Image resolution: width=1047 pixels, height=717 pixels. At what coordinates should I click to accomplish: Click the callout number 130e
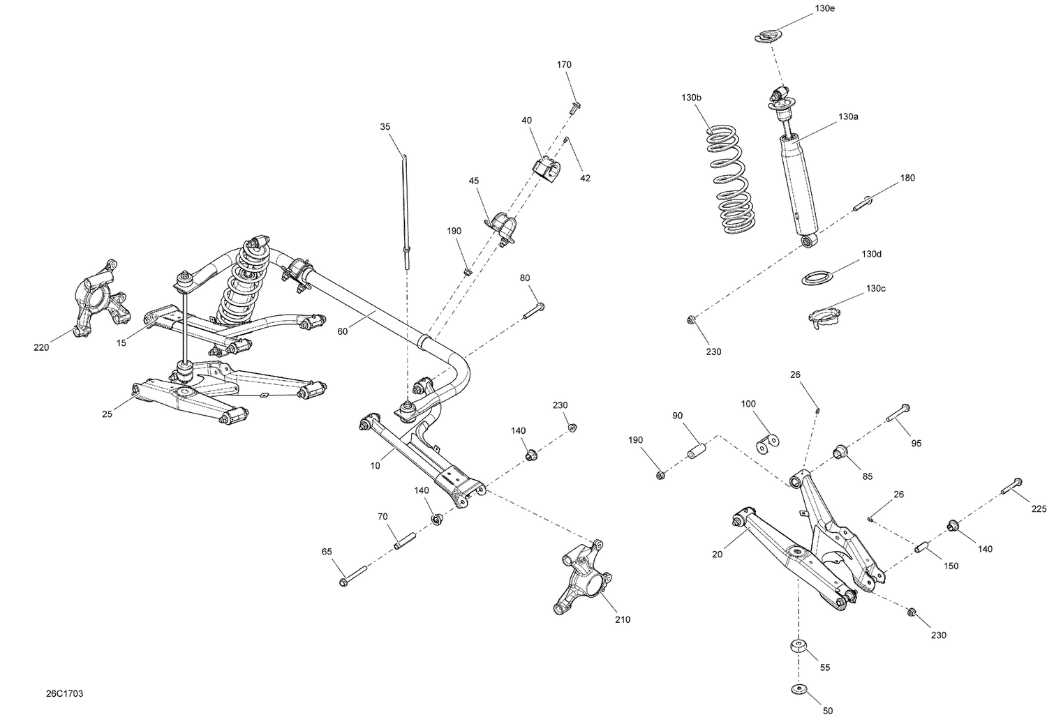[x=824, y=8]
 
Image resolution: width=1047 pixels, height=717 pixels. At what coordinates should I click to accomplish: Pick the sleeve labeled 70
[x=406, y=541]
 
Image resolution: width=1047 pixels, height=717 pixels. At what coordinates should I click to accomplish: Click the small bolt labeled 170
[x=575, y=107]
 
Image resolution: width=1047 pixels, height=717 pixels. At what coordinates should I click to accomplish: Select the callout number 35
[x=385, y=127]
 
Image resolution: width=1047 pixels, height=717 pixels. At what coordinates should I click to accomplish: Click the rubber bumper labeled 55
[x=797, y=647]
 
